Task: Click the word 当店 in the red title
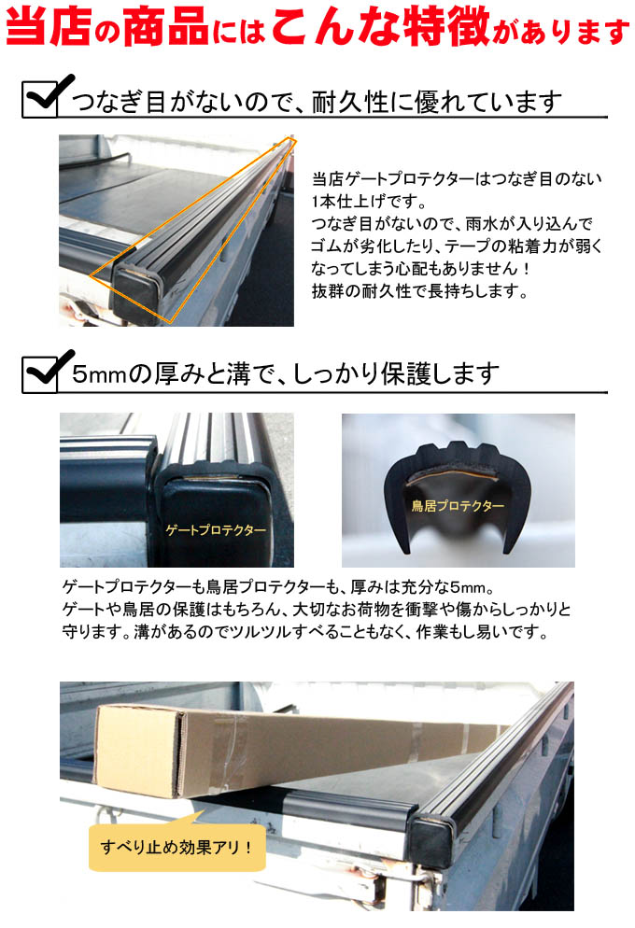[49, 27]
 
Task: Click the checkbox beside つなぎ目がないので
[40, 99]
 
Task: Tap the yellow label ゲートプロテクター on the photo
[216, 530]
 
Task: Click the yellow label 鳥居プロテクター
[458, 505]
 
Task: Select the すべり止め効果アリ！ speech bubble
[176, 847]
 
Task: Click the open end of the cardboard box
[137, 750]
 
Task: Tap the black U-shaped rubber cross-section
[456, 491]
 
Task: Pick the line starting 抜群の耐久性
[419, 290]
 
